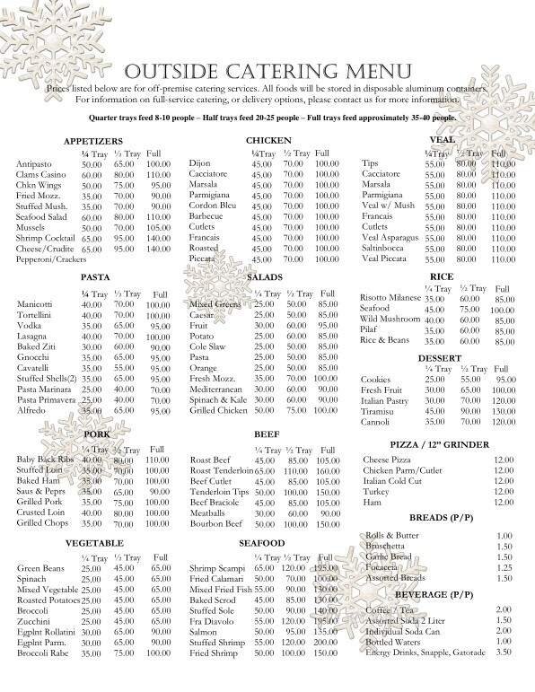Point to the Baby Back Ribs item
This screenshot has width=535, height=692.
(44, 460)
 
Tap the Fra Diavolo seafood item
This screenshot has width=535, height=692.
(213, 621)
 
